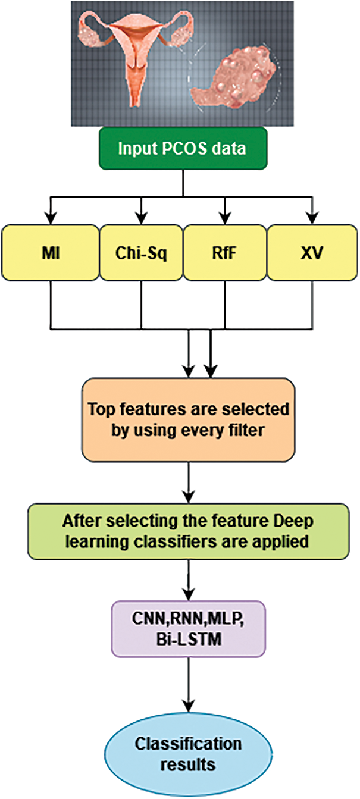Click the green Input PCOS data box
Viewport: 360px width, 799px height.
click(x=183, y=148)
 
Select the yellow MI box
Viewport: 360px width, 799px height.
click(x=51, y=252)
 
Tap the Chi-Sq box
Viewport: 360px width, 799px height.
click(x=141, y=252)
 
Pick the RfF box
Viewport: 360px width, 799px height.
click(x=225, y=252)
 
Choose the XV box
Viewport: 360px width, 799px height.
click(x=312, y=252)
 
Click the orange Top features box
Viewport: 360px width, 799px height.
click(x=189, y=420)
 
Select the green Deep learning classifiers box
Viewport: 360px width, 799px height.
click(x=189, y=531)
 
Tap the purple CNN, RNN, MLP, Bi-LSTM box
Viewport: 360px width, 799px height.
click(x=189, y=629)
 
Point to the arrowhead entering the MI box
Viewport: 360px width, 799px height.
click(x=51, y=218)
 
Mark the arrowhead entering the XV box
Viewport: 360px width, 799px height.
click(x=312, y=218)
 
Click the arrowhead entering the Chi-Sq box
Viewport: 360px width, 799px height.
click(x=142, y=218)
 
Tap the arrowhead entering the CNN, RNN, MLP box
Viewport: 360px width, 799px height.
click(x=189, y=595)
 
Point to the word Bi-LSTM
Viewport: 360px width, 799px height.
click(x=189, y=639)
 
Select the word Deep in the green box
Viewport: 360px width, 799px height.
click(x=293, y=522)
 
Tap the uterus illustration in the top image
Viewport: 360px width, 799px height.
click(x=136, y=54)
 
